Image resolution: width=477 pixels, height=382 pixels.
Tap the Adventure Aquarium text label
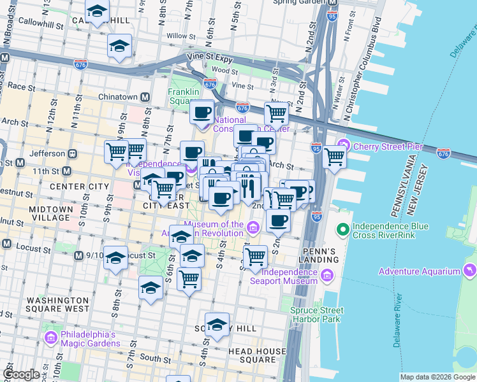(420, 271)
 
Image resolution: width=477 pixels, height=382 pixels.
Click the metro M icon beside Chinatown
(145, 97)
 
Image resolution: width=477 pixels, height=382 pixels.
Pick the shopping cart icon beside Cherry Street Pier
(334, 156)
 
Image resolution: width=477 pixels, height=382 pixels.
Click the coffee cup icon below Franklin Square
(203, 113)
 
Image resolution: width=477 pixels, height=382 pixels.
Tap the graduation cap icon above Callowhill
(97, 11)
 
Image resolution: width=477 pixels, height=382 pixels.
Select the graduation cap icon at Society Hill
(217, 324)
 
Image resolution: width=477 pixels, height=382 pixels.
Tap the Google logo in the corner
(21, 374)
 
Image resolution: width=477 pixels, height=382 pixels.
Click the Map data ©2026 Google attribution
(437, 377)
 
